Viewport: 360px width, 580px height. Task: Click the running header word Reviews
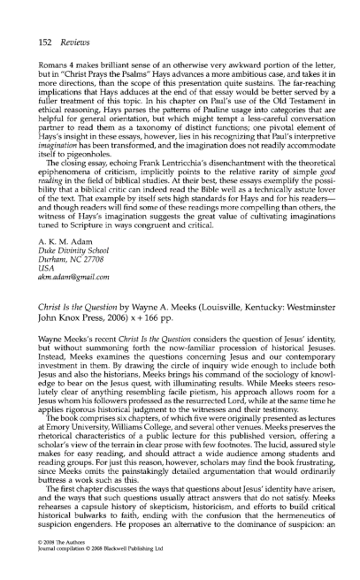tap(73, 28)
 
